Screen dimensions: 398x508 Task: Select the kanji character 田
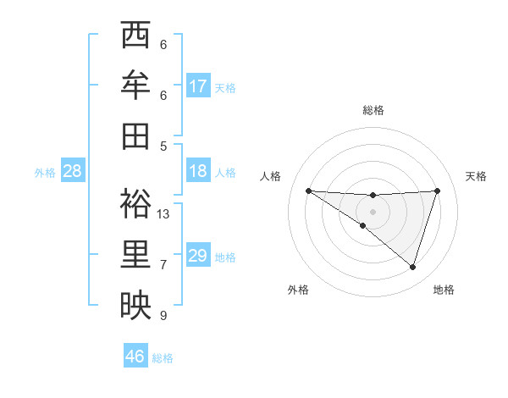tap(135, 135)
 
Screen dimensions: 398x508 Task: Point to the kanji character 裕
tap(135, 203)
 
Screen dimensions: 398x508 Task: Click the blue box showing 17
tap(198, 86)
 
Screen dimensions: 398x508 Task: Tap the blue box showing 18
tap(198, 171)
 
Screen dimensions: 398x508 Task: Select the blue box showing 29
tap(198, 256)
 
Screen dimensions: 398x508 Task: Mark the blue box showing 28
tap(73, 171)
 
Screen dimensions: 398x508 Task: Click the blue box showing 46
tap(135, 357)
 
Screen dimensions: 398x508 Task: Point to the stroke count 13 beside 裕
tap(163, 214)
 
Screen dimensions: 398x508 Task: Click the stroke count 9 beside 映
tap(163, 316)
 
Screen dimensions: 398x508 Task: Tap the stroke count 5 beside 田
tap(163, 146)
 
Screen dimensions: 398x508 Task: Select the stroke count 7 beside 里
tap(163, 265)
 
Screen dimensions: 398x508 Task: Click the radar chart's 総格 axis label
tap(373, 110)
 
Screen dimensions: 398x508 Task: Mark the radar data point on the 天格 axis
tap(438, 191)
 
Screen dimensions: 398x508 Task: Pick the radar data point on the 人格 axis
tap(308, 191)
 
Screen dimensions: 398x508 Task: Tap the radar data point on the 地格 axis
tap(412, 267)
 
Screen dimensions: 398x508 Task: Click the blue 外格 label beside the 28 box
tap(45, 173)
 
